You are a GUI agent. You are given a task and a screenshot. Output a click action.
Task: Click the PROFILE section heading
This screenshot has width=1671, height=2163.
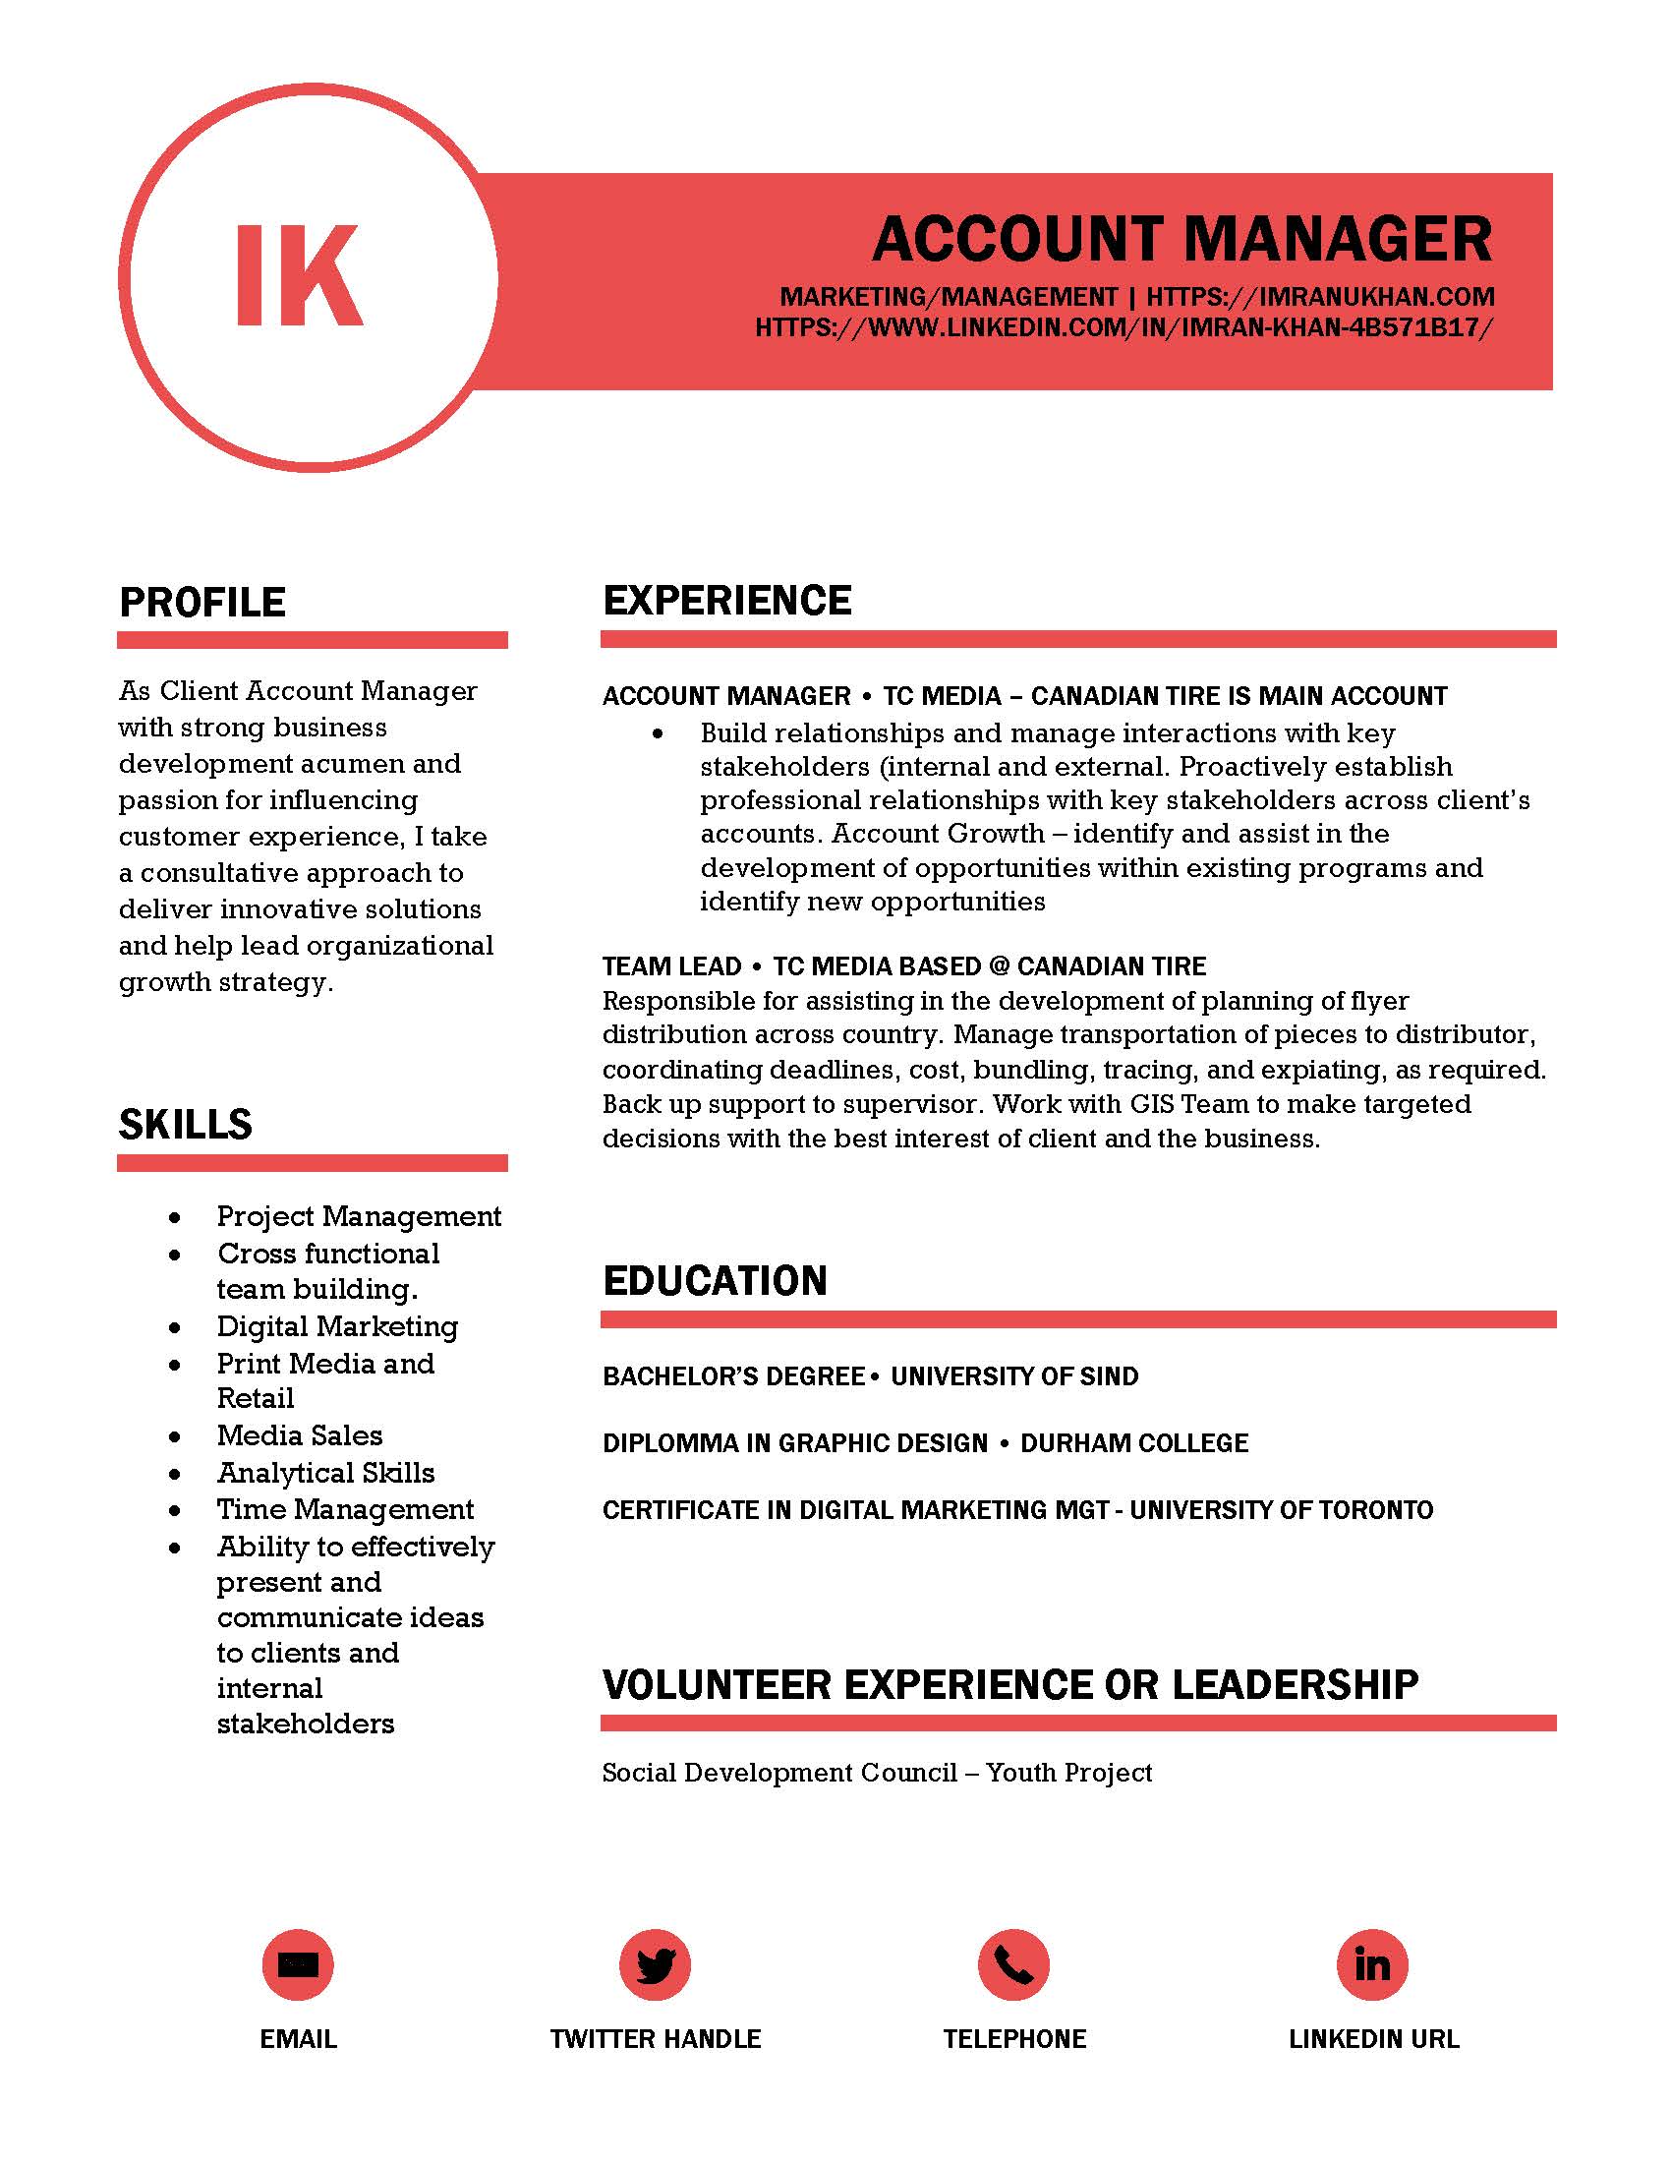[202, 602]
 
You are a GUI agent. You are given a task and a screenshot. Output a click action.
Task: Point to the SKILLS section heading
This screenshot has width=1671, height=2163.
[185, 1124]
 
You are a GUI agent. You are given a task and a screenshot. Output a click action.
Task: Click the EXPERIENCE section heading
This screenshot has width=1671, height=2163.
[726, 600]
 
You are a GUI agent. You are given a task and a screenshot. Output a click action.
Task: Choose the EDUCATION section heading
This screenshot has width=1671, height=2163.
[715, 1280]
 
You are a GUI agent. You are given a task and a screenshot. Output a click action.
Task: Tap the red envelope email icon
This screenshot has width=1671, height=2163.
[298, 1963]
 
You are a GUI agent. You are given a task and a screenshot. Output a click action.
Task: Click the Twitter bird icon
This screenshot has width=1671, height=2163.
[656, 1963]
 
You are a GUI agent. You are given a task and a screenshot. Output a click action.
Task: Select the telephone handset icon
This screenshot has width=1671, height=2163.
[1013, 1963]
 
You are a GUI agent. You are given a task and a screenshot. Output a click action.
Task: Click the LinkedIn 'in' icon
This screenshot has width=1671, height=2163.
[1372, 1963]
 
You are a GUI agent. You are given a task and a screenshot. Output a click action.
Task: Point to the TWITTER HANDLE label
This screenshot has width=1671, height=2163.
[656, 2038]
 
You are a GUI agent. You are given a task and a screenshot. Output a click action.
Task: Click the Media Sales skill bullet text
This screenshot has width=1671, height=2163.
[299, 1435]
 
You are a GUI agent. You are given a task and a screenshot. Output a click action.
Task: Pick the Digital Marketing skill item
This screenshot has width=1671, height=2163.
[337, 1326]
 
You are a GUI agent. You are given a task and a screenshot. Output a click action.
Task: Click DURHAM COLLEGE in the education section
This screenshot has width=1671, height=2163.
[1134, 1443]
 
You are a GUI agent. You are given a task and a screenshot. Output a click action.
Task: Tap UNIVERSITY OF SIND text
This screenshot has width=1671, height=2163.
[1014, 1375]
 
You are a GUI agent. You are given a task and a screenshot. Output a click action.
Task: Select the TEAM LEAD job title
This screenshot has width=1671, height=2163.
[672, 965]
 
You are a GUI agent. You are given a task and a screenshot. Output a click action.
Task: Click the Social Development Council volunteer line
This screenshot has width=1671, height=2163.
[877, 1772]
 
